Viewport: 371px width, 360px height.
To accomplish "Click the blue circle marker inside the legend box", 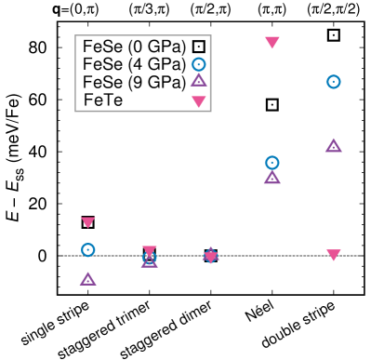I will (198, 64).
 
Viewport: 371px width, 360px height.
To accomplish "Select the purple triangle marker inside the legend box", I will (198, 81).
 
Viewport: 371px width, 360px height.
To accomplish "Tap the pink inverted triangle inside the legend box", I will (198, 100).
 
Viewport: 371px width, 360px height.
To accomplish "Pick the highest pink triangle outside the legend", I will (272, 42).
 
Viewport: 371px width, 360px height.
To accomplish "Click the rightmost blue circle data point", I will (334, 82).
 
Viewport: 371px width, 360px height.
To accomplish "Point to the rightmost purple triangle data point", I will (334, 146).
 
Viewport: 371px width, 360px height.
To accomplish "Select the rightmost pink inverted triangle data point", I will (334, 254).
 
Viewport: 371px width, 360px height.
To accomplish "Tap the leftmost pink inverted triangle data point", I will (87, 222).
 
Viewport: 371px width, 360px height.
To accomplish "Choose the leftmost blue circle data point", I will (87, 249).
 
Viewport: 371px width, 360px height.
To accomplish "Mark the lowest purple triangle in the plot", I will (87, 279).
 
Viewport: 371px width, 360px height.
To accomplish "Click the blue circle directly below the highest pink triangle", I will (272, 163).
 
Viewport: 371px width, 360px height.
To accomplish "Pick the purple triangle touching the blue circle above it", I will (272, 178).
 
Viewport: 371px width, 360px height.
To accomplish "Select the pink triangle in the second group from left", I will (149, 250).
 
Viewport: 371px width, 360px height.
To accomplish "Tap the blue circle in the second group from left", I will (149, 258).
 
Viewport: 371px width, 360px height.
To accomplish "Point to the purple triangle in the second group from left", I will (149, 262).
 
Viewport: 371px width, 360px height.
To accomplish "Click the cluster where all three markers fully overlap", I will (211, 256).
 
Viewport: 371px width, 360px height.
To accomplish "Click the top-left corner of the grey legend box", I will (75, 35).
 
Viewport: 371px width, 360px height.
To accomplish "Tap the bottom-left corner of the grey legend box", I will (75, 111).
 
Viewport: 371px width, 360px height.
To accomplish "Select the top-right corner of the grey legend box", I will (211, 35).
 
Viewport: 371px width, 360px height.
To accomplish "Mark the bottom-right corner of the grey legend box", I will (211, 111).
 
